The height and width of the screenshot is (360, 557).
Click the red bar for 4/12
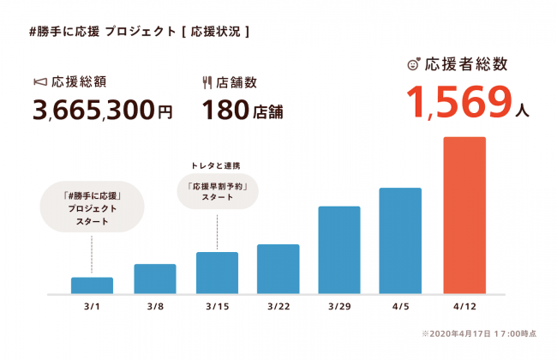coord(464,214)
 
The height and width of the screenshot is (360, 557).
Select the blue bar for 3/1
coord(92,285)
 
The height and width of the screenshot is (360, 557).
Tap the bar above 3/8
coord(155,278)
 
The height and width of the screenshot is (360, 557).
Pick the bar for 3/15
coord(217,272)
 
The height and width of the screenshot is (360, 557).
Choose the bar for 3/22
coord(278,268)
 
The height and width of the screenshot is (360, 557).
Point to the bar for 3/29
coord(338,249)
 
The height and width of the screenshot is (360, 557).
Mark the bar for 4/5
coord(400,240)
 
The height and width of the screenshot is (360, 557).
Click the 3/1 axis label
coord(92,307)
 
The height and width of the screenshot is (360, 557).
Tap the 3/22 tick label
coord(278,307)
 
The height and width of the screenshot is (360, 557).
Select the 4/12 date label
coord(464,307)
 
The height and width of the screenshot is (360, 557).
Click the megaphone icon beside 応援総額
coord(39,83)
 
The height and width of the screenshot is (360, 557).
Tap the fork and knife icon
coord(207,83)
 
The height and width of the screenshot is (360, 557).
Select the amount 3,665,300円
coord(102,111)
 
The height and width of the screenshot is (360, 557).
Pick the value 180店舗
coord(243,111)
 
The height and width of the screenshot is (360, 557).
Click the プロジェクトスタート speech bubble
coord(93,208)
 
